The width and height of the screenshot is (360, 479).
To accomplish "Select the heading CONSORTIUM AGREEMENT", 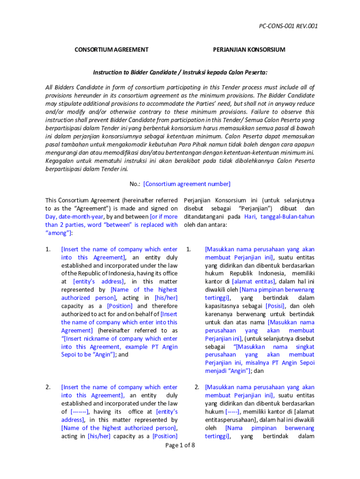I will point(112,50).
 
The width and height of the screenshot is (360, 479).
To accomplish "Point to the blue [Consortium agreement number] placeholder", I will point(187,184).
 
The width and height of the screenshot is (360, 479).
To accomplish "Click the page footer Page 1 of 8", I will point(180,445).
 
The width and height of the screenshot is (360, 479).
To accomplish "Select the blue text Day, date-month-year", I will point(75,217).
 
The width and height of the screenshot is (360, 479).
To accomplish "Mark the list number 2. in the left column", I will point(48,387).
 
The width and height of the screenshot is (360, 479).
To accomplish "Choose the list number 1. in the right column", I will point(188,249).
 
